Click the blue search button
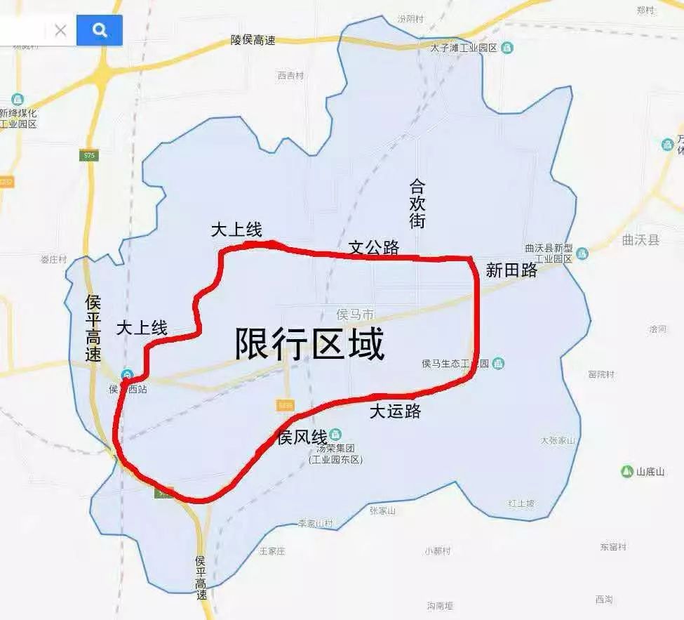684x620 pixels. pos(100,30)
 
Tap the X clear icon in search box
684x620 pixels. pos(60,30)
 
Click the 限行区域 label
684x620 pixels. pos(310,344)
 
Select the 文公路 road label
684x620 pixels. pos(374,247)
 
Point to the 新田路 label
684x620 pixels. pos(511,270)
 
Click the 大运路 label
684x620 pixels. pos(395,411)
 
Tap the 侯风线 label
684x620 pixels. pos(302,437)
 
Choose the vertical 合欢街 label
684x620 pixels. pos(417,204)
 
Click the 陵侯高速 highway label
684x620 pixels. pos(253,41)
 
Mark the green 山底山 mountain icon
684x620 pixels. pos(627,471)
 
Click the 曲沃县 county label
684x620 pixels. pos(641,240)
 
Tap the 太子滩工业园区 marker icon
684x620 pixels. pos(507,48)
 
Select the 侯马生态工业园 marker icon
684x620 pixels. pos(497,363)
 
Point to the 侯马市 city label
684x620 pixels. pos(355,314)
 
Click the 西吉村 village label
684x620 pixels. pos(290,75)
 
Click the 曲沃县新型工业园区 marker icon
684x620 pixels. pos(582,253)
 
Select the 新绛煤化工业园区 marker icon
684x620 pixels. pos(18,100)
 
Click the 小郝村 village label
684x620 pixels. pos(437,551)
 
